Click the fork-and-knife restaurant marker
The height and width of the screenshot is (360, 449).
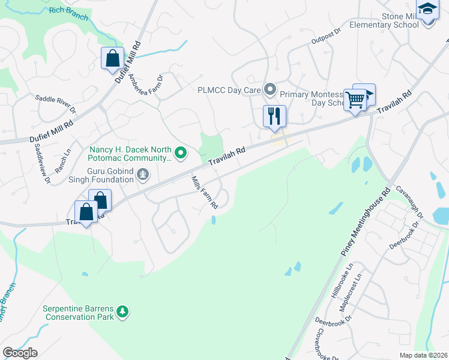click(x=274, y=116)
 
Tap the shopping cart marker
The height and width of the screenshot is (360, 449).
click(x=355, y=99)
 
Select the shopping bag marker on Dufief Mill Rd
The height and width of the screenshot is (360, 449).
click(x=112, y=58)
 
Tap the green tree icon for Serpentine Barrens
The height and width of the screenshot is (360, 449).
click(x=122, y=311)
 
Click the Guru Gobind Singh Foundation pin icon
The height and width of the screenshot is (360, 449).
click(x=143, y=175)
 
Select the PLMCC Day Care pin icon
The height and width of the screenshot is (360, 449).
click(x=270, y=91)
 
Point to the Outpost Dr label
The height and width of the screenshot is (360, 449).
click(x=325, y=39)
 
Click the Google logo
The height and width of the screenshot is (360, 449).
click(x=20, y=353)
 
